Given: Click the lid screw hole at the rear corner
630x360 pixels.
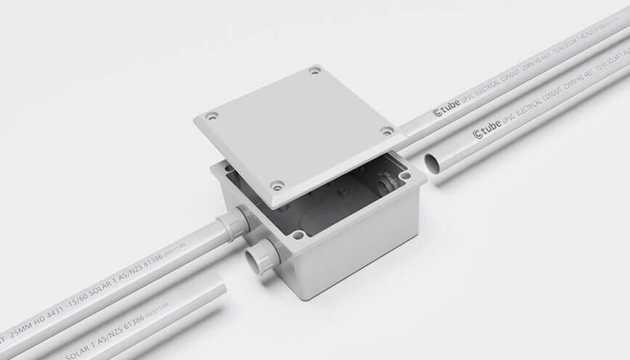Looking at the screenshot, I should point(314,70).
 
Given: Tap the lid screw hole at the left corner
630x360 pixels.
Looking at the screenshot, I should point(210,115).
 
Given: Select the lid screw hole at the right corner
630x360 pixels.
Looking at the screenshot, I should point(387,131).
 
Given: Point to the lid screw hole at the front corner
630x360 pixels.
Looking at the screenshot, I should point(277,185).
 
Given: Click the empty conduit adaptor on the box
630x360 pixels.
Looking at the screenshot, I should point(258,255).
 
